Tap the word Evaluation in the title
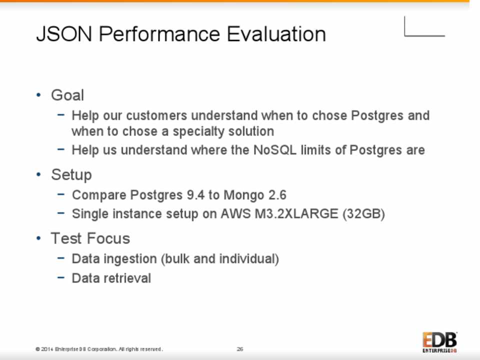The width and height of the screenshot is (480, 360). [x=276, y=33]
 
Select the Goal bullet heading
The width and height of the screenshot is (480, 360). [x=67, y=95]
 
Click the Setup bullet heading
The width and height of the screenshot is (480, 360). [x=71, y=175]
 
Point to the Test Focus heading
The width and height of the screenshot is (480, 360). [x=90, y=238]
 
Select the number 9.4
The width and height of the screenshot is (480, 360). [x=195, y=195]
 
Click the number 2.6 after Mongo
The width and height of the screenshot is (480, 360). [x=277, y=195]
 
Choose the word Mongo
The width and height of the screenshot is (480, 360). [x=244, y=195]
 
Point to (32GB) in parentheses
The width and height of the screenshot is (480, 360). [x=363, y=214]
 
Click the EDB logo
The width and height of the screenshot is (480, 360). [x=440, y=342]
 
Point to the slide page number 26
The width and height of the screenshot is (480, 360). [x=240, y=349]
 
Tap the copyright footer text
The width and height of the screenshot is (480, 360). [x=99, y=349]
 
